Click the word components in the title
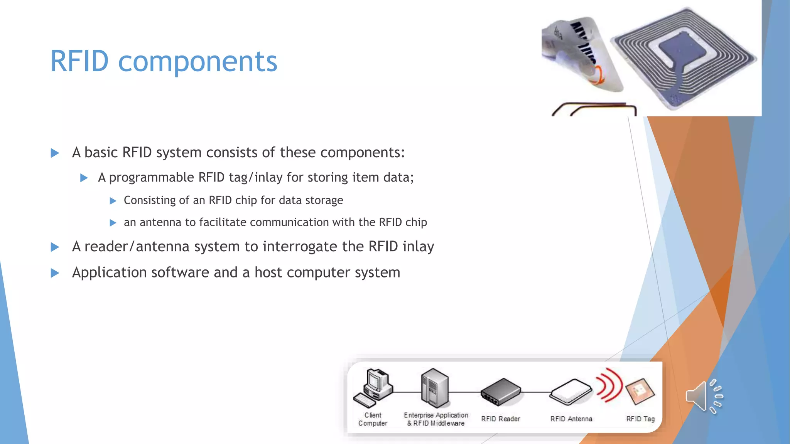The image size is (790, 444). pos(197,62)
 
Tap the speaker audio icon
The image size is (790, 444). pos(704,396)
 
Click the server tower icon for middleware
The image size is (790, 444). pos(435,388)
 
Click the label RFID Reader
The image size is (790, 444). pos(501,419)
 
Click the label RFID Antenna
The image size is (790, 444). pos(571,419)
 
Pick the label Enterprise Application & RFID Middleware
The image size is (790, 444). pos(436,419)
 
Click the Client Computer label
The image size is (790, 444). pos(373,419)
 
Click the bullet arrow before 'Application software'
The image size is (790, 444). pos(55,273)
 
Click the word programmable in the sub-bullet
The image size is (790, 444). pos(151,178)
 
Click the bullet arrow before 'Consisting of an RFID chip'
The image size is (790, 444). pos(113,201)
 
